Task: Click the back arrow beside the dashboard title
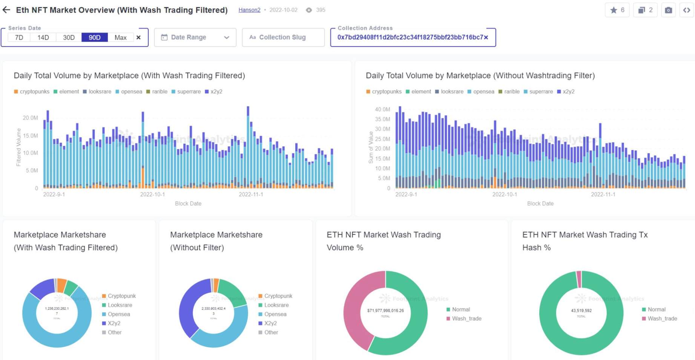point(6,10)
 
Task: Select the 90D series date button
point(94,37)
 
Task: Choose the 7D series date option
point(19,37)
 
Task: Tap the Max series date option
point(120,37)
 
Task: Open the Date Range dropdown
point(195,37)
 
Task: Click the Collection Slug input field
point(283,37)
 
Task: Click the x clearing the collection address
point(486,37)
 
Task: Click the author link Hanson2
point(249,10)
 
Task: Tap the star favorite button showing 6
point(617,10)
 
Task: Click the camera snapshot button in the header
point(668,10)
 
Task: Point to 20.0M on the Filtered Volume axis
point(30,118)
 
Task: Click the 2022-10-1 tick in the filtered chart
point(152,194)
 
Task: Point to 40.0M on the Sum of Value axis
point(382,109)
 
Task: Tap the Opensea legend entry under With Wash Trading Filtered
point(118,314)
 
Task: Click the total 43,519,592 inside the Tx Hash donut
point(581,311)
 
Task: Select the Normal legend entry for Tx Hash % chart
point(656,309)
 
